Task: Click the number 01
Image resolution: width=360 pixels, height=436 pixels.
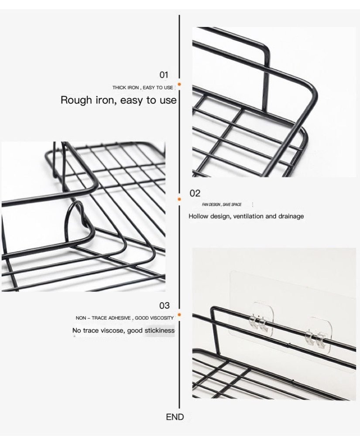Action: click(164, 75)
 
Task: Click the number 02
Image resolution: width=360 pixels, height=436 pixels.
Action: click(195, 193)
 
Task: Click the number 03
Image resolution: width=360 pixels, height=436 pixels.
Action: click(165, 305)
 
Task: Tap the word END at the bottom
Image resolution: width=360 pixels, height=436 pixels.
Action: click(175, 417)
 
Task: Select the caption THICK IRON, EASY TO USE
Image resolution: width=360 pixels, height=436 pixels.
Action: click(143, 88)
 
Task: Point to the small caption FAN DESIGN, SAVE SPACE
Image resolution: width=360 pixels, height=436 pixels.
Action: click(222, 204)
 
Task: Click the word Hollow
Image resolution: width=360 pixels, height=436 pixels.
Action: click(199, 216)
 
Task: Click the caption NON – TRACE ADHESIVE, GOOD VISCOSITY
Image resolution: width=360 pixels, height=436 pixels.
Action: click(124, 318)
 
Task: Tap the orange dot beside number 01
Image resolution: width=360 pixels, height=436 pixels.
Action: click(179, 83)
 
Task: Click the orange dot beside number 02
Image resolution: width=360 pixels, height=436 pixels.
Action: click(179, 199)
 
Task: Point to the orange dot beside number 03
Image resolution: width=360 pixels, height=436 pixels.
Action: click(179, 314)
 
